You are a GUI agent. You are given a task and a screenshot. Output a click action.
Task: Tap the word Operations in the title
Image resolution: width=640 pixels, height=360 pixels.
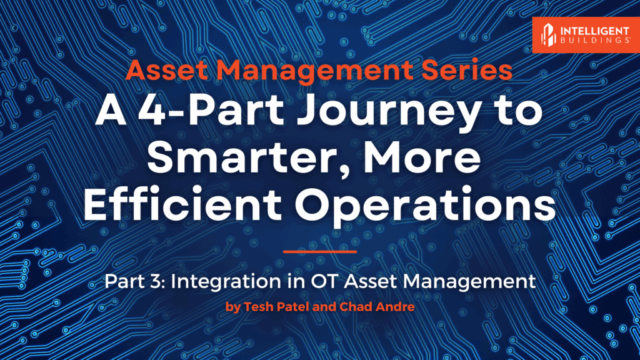425,206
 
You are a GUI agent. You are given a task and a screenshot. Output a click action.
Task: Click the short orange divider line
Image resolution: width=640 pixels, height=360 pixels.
320,251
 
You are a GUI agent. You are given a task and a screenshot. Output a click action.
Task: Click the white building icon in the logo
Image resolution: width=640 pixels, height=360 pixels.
548,34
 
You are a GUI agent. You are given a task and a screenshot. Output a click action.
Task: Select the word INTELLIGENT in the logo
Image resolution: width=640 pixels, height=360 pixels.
595,31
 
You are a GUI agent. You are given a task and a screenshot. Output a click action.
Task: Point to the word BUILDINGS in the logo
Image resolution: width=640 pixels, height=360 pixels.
595,40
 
